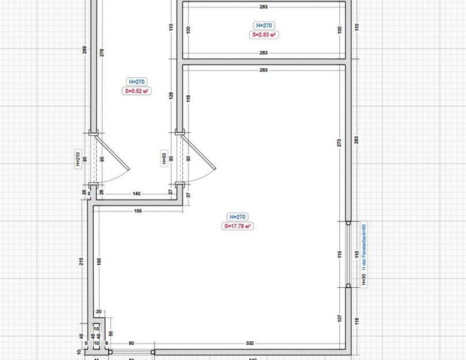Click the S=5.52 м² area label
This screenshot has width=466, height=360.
136,91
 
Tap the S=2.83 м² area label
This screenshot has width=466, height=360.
265,34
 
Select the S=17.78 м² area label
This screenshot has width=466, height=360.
236,225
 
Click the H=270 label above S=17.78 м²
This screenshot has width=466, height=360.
236,215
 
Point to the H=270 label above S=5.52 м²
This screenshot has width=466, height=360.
136,81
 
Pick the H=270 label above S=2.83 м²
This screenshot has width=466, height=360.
265,25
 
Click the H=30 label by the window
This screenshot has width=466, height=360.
363,278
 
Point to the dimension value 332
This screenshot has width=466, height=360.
250,343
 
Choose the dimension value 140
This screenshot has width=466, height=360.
137,193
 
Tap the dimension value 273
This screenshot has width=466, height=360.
339,142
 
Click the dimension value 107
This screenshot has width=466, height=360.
339,318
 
